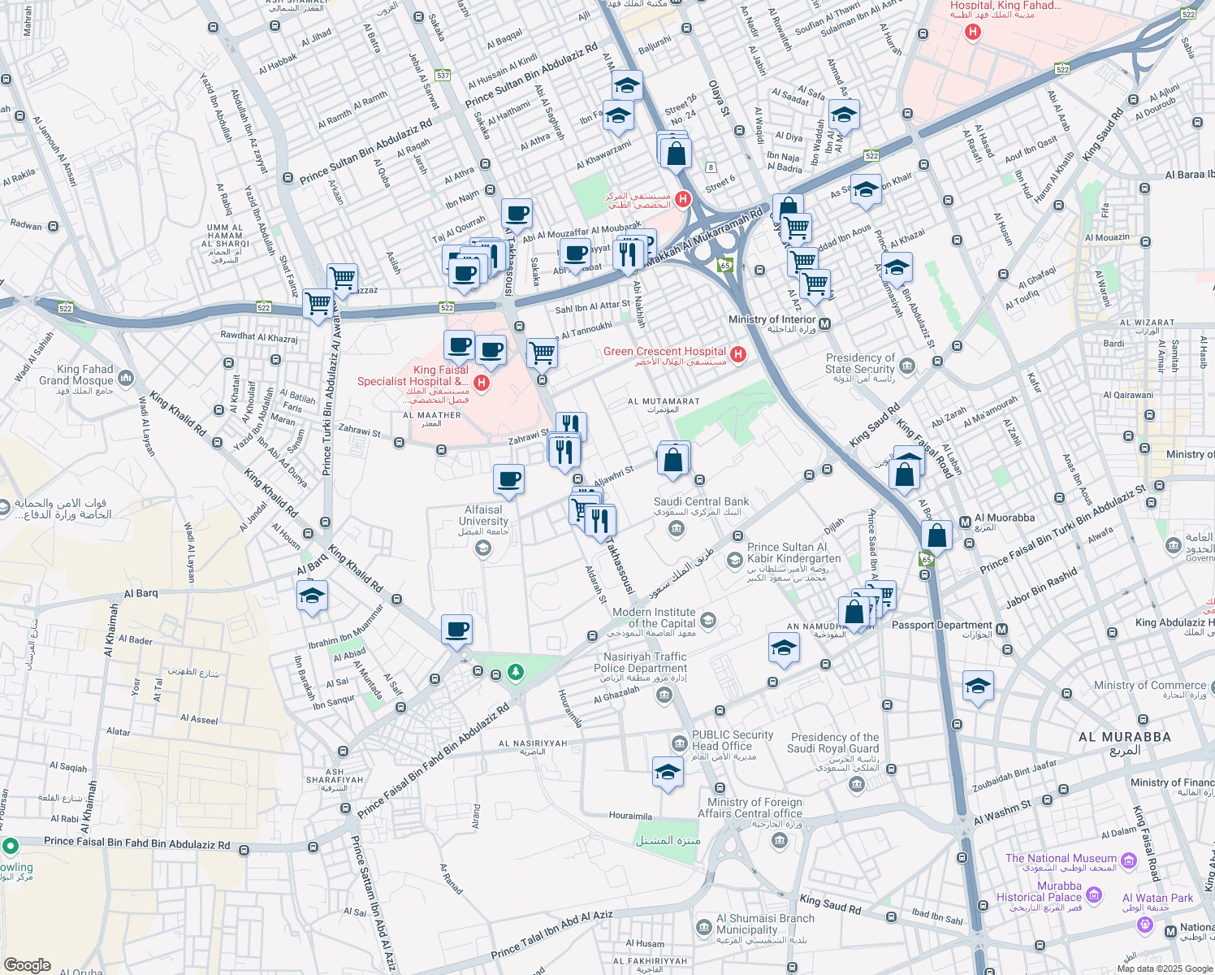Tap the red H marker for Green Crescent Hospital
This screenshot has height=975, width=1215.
pyautogui.click(x=738, y=354)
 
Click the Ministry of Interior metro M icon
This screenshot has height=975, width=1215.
pyautogui.click(x=824, y=324)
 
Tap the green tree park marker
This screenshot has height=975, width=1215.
pyautogui.click(x=515, y=672)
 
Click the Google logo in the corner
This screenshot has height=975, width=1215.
pyautogui.click(x=27, y=965)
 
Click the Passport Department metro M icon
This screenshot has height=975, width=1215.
pyautogui.click(x=1001, y=630)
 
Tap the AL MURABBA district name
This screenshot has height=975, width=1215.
pyautogui.click(x=1124, y=738)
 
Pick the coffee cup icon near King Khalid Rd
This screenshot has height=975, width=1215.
pyautogui.click(x=456, y=630)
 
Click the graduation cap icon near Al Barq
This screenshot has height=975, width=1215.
pyautogui.click(x=312, y=596)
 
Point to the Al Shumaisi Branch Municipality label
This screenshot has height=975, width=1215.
pyautogui.click(x=764, y=924)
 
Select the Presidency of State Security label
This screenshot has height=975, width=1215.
pyautogui.click(x=860, y=363)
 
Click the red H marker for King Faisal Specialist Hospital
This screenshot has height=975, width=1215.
pyautogui.click(x=482, y=383)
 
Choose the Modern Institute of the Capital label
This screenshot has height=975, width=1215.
pyautogui.click(x=654, y=617)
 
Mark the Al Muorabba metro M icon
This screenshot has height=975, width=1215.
pyautogui.click(x=965, y=522)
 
